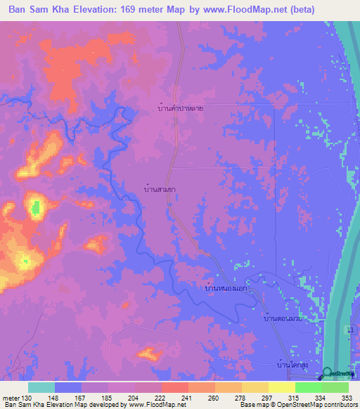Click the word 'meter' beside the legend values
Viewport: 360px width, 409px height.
point(12,398)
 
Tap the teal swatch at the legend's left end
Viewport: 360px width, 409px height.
point(41,387)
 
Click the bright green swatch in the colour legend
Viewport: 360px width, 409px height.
point(308,387)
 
